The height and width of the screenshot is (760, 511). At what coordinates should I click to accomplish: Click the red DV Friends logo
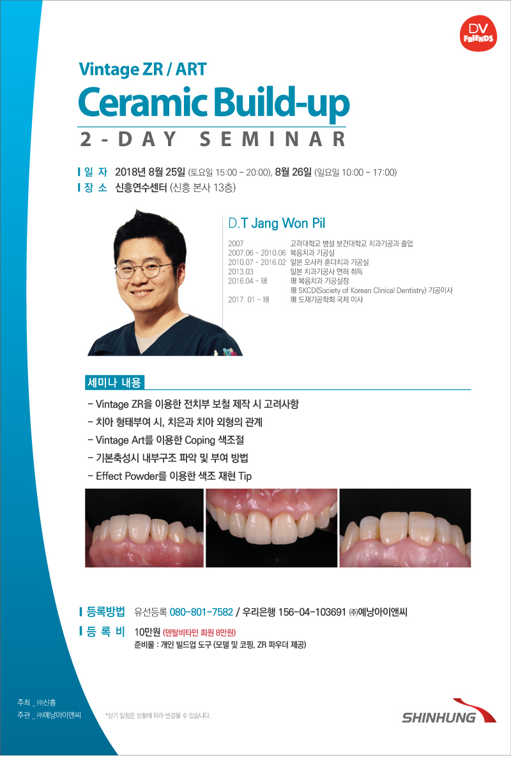tap(478, 33)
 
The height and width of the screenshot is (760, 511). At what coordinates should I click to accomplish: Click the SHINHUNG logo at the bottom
tap(449, 712)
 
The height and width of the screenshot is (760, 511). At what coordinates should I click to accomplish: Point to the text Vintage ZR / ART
tap(142, 70)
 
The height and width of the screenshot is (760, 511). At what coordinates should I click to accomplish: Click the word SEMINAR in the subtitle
tap(273, 139)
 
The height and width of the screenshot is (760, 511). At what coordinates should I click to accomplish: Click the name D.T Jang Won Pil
tap(277, 223)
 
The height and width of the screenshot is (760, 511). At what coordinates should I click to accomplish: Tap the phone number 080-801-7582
tap(201, 612)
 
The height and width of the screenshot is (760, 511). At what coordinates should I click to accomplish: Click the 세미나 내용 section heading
tap(114, 383)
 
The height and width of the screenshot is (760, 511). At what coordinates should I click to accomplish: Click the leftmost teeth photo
tap(144, 528)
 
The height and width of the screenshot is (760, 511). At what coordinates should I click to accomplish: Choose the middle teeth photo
tap(271, 528)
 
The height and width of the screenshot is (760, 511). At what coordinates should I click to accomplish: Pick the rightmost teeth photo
tap(405, 528)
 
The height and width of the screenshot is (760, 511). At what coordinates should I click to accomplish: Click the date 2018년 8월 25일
tap(150, 172)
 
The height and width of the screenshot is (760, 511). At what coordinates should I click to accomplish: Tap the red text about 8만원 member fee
tap(199, 632)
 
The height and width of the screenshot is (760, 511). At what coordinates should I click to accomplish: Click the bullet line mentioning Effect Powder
tap(170, 476)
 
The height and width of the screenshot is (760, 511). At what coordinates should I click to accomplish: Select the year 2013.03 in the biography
tap(241, 271)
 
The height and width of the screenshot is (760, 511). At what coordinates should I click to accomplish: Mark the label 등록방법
tap(106, 612)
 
